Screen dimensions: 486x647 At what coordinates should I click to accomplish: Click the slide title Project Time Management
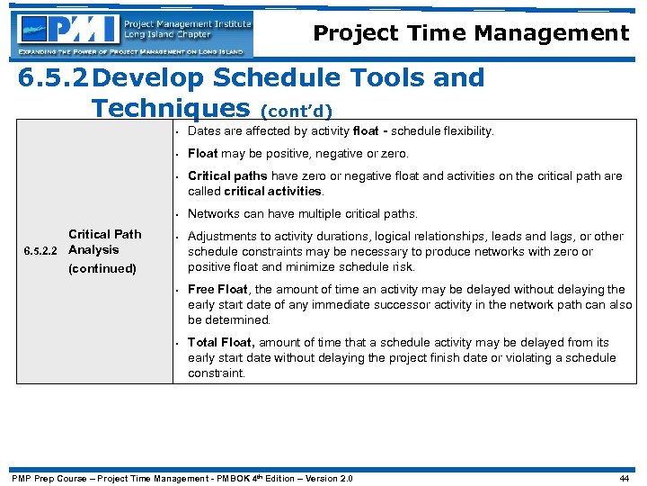[471, 34]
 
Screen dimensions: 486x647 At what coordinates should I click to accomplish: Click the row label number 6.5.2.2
[40, 251]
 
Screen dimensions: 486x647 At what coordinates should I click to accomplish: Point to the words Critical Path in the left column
[105, 234]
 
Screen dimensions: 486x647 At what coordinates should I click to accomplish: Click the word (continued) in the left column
[102, 268]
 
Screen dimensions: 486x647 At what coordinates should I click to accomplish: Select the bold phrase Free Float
[217, 289]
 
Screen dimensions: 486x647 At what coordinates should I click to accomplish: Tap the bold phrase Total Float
[221, 342]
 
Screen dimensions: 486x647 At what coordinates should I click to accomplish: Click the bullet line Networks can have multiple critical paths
[302, 213]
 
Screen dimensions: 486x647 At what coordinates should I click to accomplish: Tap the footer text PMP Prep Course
[49, 478]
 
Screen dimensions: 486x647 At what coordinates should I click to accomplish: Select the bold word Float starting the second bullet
[203, 153]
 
